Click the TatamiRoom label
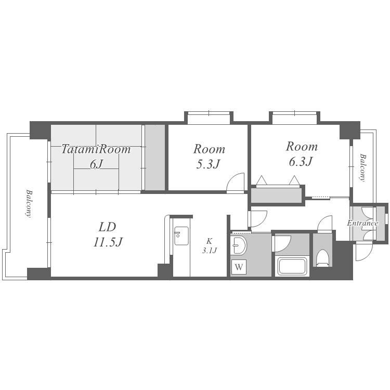pos(96,149)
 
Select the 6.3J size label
pos(301,162)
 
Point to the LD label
pos(108,227)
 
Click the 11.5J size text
pos(108,242)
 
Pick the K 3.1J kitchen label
pos(210,245)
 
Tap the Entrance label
pos(362,223)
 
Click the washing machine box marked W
pos(239,267)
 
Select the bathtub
pos(292,267)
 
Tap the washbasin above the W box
pos(239,245)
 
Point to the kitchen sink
pos(181,236)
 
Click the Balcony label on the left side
pos(29,204)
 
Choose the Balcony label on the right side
pos(363,168)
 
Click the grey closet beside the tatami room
pos(155,158)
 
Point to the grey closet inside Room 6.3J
pos(276,195)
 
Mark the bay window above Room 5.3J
pos(209,118)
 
